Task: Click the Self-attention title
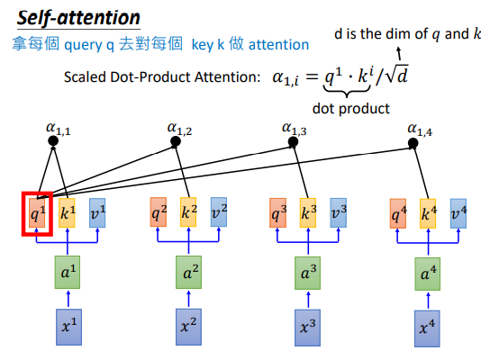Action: pyautogui.click(x=78, y=18)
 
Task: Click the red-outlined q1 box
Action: pyautogui.click(x=37, y=214)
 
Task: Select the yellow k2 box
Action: pyautogui.click(x=188, y=212)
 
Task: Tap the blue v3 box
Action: pyautogui.click(x=339, y=213)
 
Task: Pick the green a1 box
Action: pyautogui.click(x=68, y=272)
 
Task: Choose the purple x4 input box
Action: pyautogui.click(x=427, y=328)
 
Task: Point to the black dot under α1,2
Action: pyautogui.click(x=176, y=141)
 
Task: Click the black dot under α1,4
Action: pyautogui.click(x=413, y=143)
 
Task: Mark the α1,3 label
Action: pyautogui.click(x=295, y=129)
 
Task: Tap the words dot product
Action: pyautogui.click(x=351, y=109)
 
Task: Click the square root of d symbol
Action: pyautogui.click(x=397, y=74)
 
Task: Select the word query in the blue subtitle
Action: pyautogui.click(x=83, y=46)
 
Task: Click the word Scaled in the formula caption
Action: pyautogui.click(x=84, y=76)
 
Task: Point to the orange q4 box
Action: pyautogui.click(x=398, y=213)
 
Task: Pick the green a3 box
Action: pyautogui.click(x=308, y=273)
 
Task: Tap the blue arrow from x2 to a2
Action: pyautogui.click(x=188, y=299)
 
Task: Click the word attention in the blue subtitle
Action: pyautogui.click(x=278, y=45)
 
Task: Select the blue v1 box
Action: pyautogui.click(x=97, y=213)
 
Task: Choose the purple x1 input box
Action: pyautogui.click(x=68, y=327)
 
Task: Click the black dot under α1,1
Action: pyautogui.click(x=53, y=141)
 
